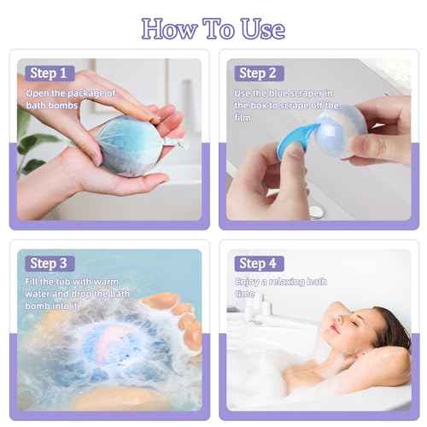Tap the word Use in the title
click(257, 29)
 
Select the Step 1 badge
click(49, 73)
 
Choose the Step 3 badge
click(49, 263)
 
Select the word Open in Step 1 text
click(39, 92)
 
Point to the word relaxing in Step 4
click(295, 281)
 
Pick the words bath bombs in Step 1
click(53, 105)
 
